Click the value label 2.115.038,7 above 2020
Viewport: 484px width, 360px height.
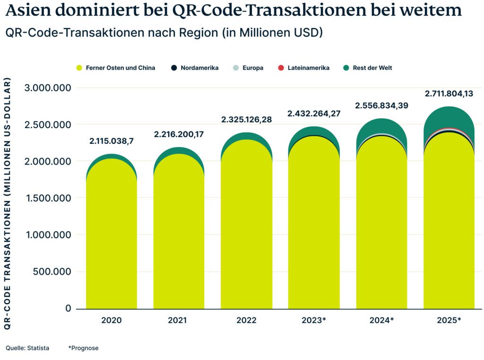pyautogui.click(x=111, y=141)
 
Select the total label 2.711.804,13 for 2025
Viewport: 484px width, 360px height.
pyautogui.click(x=449, y=94)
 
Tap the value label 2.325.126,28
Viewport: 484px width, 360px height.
pyautogui.click(x=246, y=120)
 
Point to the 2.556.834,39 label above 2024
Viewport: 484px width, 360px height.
pyautogui.click(x=381, y=105)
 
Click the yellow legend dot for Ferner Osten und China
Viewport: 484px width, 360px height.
pyautogui.click(x=79, y=68)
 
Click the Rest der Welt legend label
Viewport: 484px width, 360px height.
pyautogui.click(x=372, y=68)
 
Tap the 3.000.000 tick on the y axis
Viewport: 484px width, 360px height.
pyautogui.click(x=48, y=88)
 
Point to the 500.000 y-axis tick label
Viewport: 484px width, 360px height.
pyautogui.click(x=52, y=272)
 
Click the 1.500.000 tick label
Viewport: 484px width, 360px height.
pyautogui.click(x=48, y=198)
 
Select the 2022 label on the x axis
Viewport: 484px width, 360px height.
pyautogui.click(x=246, y=320)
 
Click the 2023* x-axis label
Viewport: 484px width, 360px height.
pyautogui.click(x=314, y=320)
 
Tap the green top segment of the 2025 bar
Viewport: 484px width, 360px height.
pyautogui.click(x=449, y=118)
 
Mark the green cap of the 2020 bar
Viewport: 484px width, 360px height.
pyautogui.click(x=111, y=156)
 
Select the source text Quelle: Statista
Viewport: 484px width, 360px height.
pyautogui.click(x=27, y=348)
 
